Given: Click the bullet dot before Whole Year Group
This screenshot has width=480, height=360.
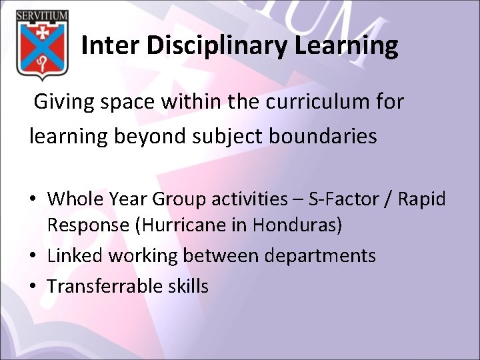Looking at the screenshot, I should [x=33, y=199].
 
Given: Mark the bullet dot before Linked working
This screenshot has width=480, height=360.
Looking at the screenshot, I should [x=33, y=256].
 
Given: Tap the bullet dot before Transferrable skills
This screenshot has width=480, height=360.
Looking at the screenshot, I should [x=33, y=287].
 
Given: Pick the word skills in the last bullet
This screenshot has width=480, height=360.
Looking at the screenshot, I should [x=189, y=286].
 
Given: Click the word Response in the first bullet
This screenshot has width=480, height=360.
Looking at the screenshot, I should [x=88, y=225].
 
